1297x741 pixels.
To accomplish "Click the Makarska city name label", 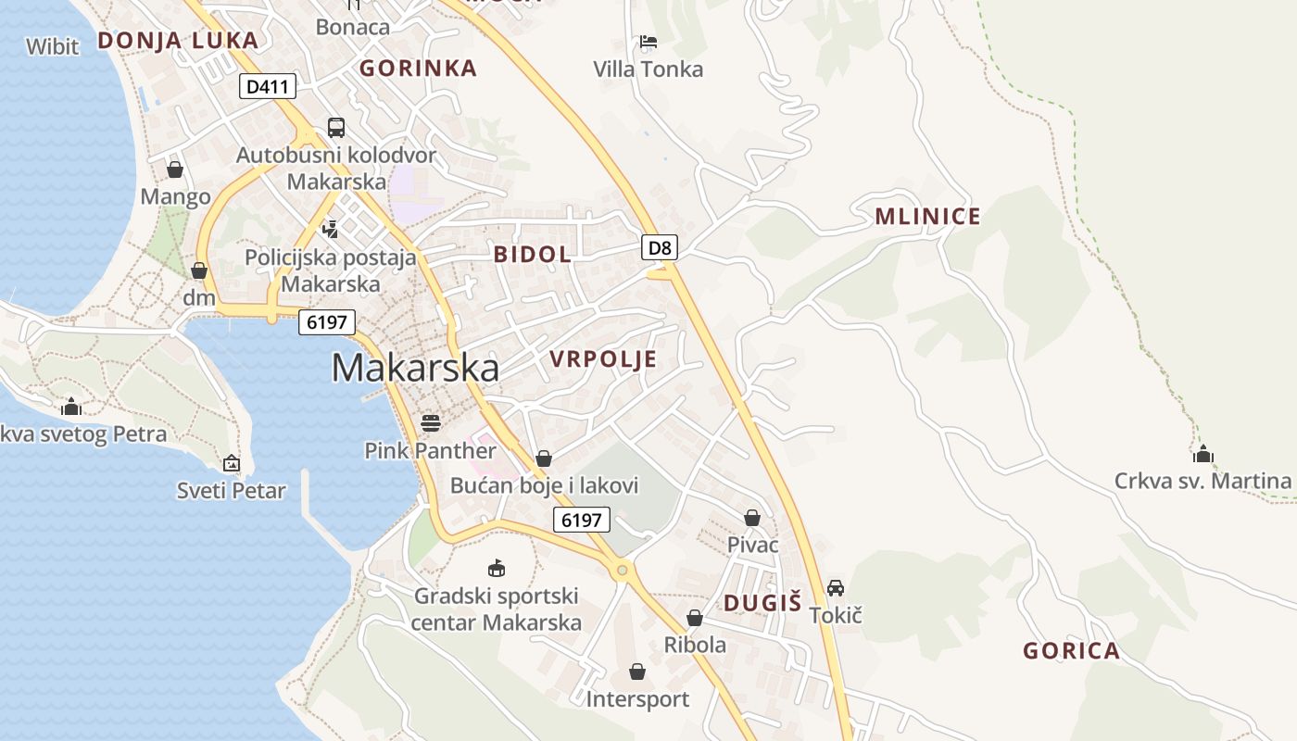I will point(415,368).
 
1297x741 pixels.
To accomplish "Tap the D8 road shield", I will point(660,247).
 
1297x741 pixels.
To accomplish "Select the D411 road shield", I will point(268,87).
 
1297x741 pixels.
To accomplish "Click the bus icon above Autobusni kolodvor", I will point(336,128).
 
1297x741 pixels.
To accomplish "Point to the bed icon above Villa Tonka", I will point(648,42).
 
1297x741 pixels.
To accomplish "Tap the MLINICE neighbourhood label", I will point(927,217).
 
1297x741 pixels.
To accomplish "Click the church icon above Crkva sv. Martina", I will point(1203,454).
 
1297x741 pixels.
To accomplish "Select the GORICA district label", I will point(1071,651).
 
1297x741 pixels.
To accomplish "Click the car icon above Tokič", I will point(836,588).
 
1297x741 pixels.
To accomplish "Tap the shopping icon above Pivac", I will point(752,518).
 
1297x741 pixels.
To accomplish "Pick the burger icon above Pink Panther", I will point(431,423).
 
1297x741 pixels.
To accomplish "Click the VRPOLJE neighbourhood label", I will point(603,359).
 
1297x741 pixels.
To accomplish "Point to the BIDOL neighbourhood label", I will point(532,255).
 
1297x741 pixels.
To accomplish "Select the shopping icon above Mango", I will point(175,170).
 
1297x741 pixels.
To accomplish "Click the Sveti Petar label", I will point(232,491).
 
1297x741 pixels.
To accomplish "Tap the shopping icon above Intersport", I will point(637,672).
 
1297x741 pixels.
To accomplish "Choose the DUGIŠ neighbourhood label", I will point(762,603).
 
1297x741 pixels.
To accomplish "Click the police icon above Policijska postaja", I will point(330,228).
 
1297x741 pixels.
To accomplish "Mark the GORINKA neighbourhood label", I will point(418,68).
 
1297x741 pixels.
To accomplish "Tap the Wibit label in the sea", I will point(53,46).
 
